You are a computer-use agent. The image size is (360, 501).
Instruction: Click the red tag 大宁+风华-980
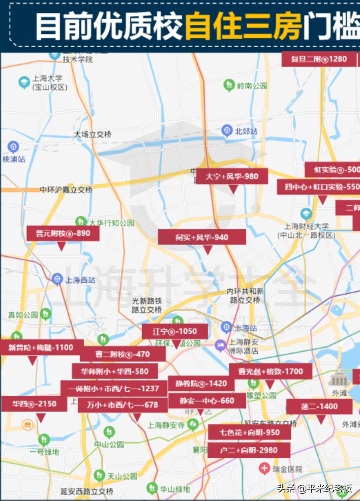232,176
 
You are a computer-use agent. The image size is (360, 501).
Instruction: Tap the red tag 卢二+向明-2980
248,450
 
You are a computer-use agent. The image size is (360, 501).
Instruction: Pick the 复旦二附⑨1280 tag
319,59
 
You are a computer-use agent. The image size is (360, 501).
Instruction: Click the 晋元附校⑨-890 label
63,233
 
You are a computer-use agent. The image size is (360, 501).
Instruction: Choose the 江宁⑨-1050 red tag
175,332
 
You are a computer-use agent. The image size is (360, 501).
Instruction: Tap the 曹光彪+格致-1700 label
271,371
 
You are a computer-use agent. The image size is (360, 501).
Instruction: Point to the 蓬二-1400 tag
319,407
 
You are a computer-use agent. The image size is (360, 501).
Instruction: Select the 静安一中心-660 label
207,401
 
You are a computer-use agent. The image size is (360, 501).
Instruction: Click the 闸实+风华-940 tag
202,237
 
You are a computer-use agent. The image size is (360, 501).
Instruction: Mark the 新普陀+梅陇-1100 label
41,347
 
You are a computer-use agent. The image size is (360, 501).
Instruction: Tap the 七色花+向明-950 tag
249,433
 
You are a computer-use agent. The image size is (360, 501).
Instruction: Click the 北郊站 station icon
227,130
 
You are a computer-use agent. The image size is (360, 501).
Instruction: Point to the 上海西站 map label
80,280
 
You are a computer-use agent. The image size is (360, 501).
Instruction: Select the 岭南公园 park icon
229,85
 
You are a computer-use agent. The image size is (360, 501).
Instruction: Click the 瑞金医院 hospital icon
264,467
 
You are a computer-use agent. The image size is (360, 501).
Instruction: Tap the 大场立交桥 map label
92,134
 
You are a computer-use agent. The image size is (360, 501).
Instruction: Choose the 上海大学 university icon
24,82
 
